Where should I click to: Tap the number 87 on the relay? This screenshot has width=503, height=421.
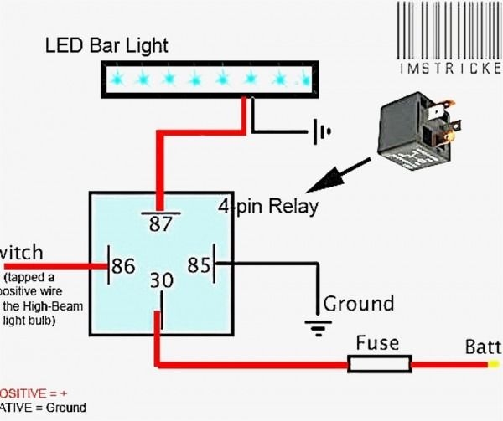click(x=161, y=223)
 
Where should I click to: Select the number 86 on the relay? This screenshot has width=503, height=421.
click(x=123, y=266)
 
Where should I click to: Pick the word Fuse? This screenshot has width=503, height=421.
click(x=377, y=343)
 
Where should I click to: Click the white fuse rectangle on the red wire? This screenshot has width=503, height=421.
click(x=380, y=363)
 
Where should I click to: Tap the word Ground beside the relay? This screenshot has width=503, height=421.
click(x=358, y=303)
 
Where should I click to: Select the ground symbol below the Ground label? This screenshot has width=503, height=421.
click(x=316, y=327)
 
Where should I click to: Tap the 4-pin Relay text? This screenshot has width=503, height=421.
click(x=267, y=205)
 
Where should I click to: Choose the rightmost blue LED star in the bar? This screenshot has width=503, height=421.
click(x=302, y=79)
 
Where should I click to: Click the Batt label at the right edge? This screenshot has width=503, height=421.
click(x=484, y=347)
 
